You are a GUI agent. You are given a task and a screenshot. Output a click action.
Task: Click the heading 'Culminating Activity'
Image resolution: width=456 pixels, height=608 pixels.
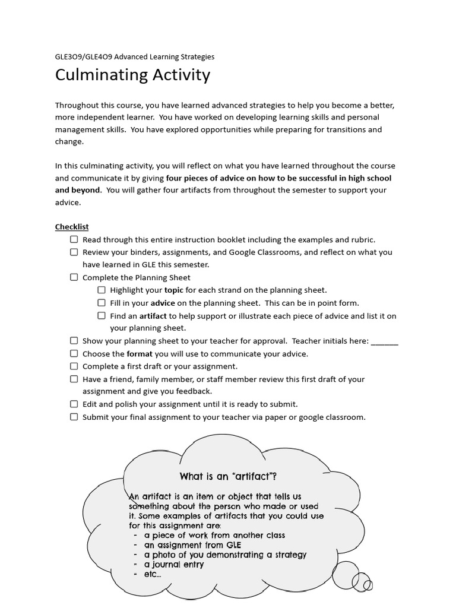click(132, 75)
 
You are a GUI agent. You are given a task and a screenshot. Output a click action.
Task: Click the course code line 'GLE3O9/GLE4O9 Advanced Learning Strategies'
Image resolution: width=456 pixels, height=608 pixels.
click(135, 57)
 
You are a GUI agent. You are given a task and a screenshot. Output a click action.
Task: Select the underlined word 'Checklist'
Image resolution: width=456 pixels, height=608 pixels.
click(72, 227)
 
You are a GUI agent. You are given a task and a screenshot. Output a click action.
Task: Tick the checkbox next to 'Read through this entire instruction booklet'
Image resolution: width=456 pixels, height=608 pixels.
click(74, 239)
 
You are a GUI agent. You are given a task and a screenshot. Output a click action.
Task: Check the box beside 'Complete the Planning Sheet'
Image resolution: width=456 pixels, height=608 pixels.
click(74, 277)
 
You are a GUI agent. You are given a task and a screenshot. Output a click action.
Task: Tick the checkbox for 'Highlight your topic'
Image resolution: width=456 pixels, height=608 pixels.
click(102, 290)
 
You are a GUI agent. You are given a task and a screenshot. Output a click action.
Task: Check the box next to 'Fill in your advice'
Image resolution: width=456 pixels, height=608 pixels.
click(102, 303)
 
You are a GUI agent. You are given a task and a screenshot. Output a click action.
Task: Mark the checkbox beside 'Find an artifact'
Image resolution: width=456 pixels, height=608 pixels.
click(102, 316)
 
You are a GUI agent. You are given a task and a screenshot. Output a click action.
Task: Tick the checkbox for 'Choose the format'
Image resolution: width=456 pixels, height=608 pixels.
click(74, 353)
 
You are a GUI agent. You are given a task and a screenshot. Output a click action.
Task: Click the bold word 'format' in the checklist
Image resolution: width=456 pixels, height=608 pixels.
click(140, 354)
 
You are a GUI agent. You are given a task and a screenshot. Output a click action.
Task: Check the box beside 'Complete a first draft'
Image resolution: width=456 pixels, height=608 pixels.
click(74, 366)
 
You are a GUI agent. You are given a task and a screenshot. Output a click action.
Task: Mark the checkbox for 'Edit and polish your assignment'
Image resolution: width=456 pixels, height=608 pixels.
click(74, 404)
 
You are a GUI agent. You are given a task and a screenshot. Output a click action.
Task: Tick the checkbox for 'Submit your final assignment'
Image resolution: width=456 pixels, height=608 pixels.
click(74, 417)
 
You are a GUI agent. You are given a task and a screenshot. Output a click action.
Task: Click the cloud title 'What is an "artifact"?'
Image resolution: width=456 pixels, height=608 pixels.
click(228, 477)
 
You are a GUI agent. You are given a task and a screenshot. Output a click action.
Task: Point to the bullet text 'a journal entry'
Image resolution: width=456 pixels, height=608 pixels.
click(173, 565)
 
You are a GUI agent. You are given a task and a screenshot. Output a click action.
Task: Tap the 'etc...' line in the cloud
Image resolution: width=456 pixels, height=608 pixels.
click(153, 574)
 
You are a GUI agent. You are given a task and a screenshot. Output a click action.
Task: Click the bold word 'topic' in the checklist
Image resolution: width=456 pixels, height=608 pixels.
click(174, 290)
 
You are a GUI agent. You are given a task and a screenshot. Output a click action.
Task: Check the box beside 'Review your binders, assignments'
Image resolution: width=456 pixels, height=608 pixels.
click(74, 252)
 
